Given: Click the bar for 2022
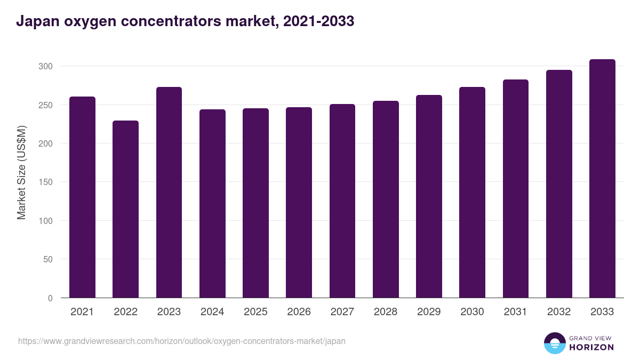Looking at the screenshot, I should [x=125, y=209].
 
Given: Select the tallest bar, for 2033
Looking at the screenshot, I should [x=602, y=179].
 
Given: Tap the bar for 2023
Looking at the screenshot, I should [x=169, y=193].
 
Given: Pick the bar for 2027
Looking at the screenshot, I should [x=342, y=201].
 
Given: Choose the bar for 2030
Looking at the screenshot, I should [x=472, y=193].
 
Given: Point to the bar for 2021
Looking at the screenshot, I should [x=82, y=197].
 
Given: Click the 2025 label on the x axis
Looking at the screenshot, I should [x=255, y=312].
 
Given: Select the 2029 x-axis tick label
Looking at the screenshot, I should [x=429, y=312].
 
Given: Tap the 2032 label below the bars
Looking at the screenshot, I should [x=559, y=312].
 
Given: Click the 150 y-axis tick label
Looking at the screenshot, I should [x=46, y=182].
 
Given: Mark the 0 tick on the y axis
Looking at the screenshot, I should [x=50, y=298].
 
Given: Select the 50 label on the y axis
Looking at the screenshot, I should [x=48, y=259].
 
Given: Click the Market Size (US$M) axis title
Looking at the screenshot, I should [x=21, y=172].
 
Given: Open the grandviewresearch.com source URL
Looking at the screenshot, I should [x=182, y=341].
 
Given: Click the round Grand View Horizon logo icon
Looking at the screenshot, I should [x=554, y=343].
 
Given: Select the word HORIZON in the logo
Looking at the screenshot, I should [x=591, y=347].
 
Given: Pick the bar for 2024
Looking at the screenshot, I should [x=212, y=204].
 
